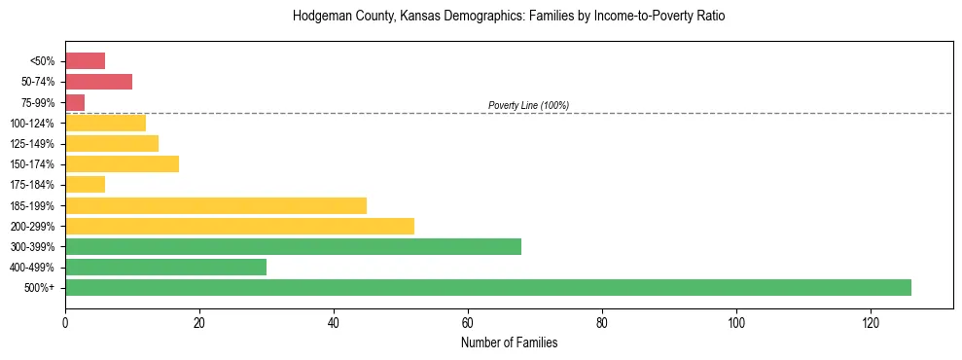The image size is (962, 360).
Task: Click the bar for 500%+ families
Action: click(x=486, y=287)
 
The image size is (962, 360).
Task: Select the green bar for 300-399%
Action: click(x=292, y=246)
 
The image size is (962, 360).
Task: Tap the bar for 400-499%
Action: click(x=165, y=267)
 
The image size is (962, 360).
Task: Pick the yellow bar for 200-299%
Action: click(x=239, y=226)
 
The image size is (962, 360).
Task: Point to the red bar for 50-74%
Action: click(x=98, y=82)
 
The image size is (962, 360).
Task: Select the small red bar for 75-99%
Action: click(x=75, y=102)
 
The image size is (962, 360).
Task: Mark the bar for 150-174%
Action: click(x=122, y=163)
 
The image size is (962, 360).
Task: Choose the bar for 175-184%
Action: click(x=85, y=184)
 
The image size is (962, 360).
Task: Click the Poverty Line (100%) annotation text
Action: click(x=528, y=105)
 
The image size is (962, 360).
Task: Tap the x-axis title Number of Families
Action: click(x=509, y=342)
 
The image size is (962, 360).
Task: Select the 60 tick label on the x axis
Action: click(x=468, y=322)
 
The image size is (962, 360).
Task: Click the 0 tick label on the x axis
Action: click(x=65, y=322)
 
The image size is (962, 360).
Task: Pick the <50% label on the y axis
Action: click(x=43, y=61)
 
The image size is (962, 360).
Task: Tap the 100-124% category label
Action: click(x=33, y=123)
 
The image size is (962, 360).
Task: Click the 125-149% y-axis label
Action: click(x=33, y=143)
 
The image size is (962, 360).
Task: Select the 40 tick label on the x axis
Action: click(x=334, y=322)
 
